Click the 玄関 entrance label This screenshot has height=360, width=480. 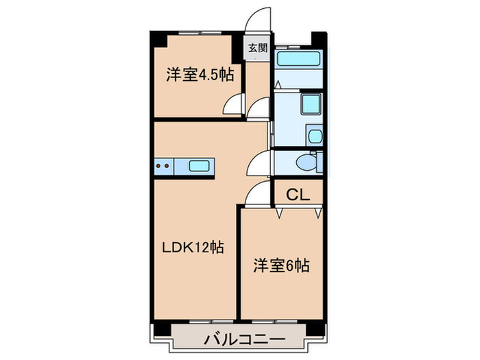coord(257,48)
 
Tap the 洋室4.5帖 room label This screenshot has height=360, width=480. coord(200,75)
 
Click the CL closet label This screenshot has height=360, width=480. coord(298,194)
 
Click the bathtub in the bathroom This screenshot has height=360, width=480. coord(299,58)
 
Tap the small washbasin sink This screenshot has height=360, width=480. coord(315,135)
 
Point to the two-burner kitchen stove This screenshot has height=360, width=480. coord(163,165)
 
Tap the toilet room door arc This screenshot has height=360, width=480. coord(259,162)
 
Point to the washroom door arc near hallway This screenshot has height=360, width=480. coord(259,108)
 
